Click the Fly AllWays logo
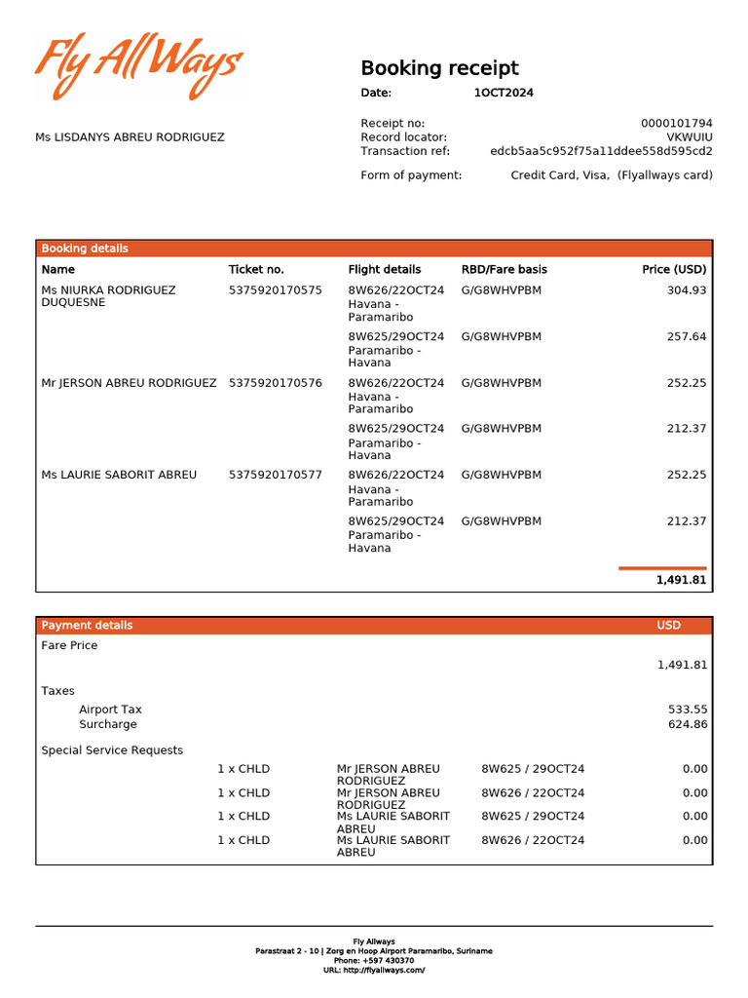pos(138,66)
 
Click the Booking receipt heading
pos(439,68)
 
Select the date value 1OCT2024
pos(504,94)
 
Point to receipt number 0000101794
pos(676,124)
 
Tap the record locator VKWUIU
pos(689,137)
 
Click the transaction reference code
pos(601,151)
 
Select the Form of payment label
pos(411,175)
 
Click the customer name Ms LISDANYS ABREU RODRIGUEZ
pos(130,137)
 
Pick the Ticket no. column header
pos(256,269)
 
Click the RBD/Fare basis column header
pos(504,269)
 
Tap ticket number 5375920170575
pos(275,290)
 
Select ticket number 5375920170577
pos(275,475)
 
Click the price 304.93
pos(687,290)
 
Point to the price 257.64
pos(687,336)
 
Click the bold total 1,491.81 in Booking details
pos(681,580)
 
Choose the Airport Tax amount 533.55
pos(688,710)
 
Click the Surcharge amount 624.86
pos(688,724)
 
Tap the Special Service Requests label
pos(112,750)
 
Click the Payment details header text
pos(87,626)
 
